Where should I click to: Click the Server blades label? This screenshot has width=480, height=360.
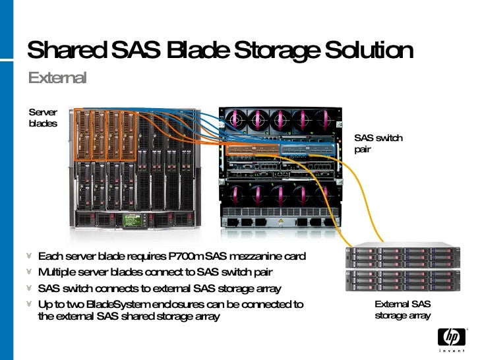coord(43,118)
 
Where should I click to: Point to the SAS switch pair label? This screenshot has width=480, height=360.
coord(378,144)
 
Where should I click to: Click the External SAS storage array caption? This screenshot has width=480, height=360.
coord(402,309)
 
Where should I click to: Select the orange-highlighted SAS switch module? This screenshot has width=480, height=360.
coord(252,150)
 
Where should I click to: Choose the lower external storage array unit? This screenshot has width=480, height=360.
coord(402,280)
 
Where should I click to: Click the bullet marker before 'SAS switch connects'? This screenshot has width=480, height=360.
coord(30,289)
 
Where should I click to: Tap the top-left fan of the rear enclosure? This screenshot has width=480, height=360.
coord(235,119)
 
